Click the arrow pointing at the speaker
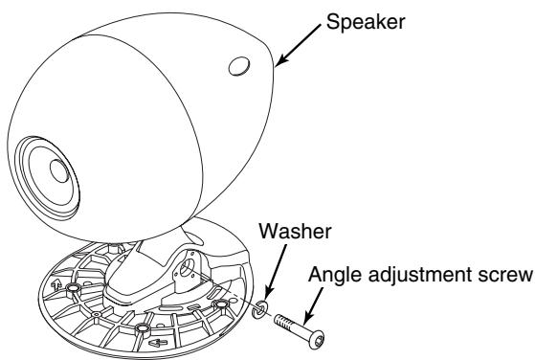(x=301, y=45)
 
